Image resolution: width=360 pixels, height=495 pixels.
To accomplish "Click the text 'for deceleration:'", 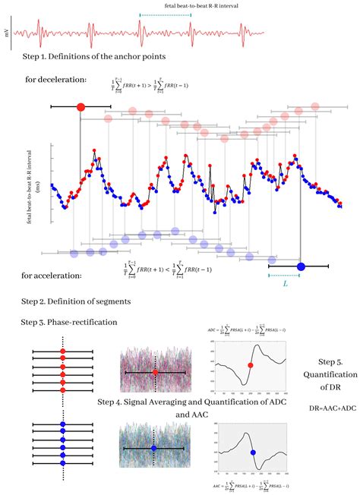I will pos(54,79).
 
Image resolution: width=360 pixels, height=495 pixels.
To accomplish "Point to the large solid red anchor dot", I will pos(81,107).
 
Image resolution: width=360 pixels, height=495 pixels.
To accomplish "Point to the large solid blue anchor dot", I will pos(301,266).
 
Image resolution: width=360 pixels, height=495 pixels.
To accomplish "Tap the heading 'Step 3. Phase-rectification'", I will pos(69,322).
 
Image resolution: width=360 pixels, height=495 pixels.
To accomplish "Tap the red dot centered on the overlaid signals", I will pos(154,373).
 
